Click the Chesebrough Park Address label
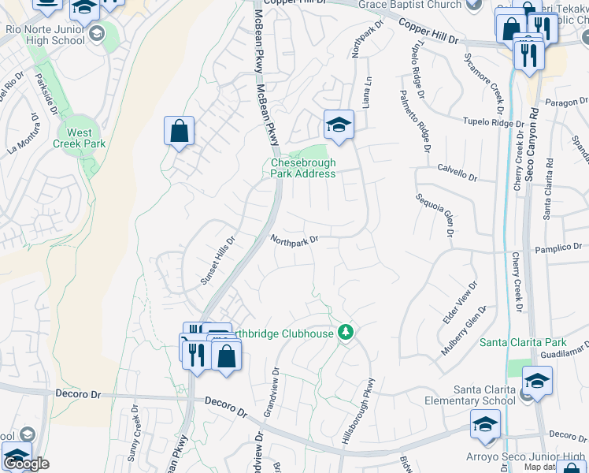[303, 168]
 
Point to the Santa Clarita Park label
[523, 343]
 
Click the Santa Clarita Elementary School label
[484, 395]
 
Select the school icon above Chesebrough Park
[339, 125]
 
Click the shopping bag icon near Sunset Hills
[179, 129]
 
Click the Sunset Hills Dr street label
[217, 261]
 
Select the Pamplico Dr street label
[561, 248]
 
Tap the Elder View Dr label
[461, 303]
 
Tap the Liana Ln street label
[366, 91]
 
